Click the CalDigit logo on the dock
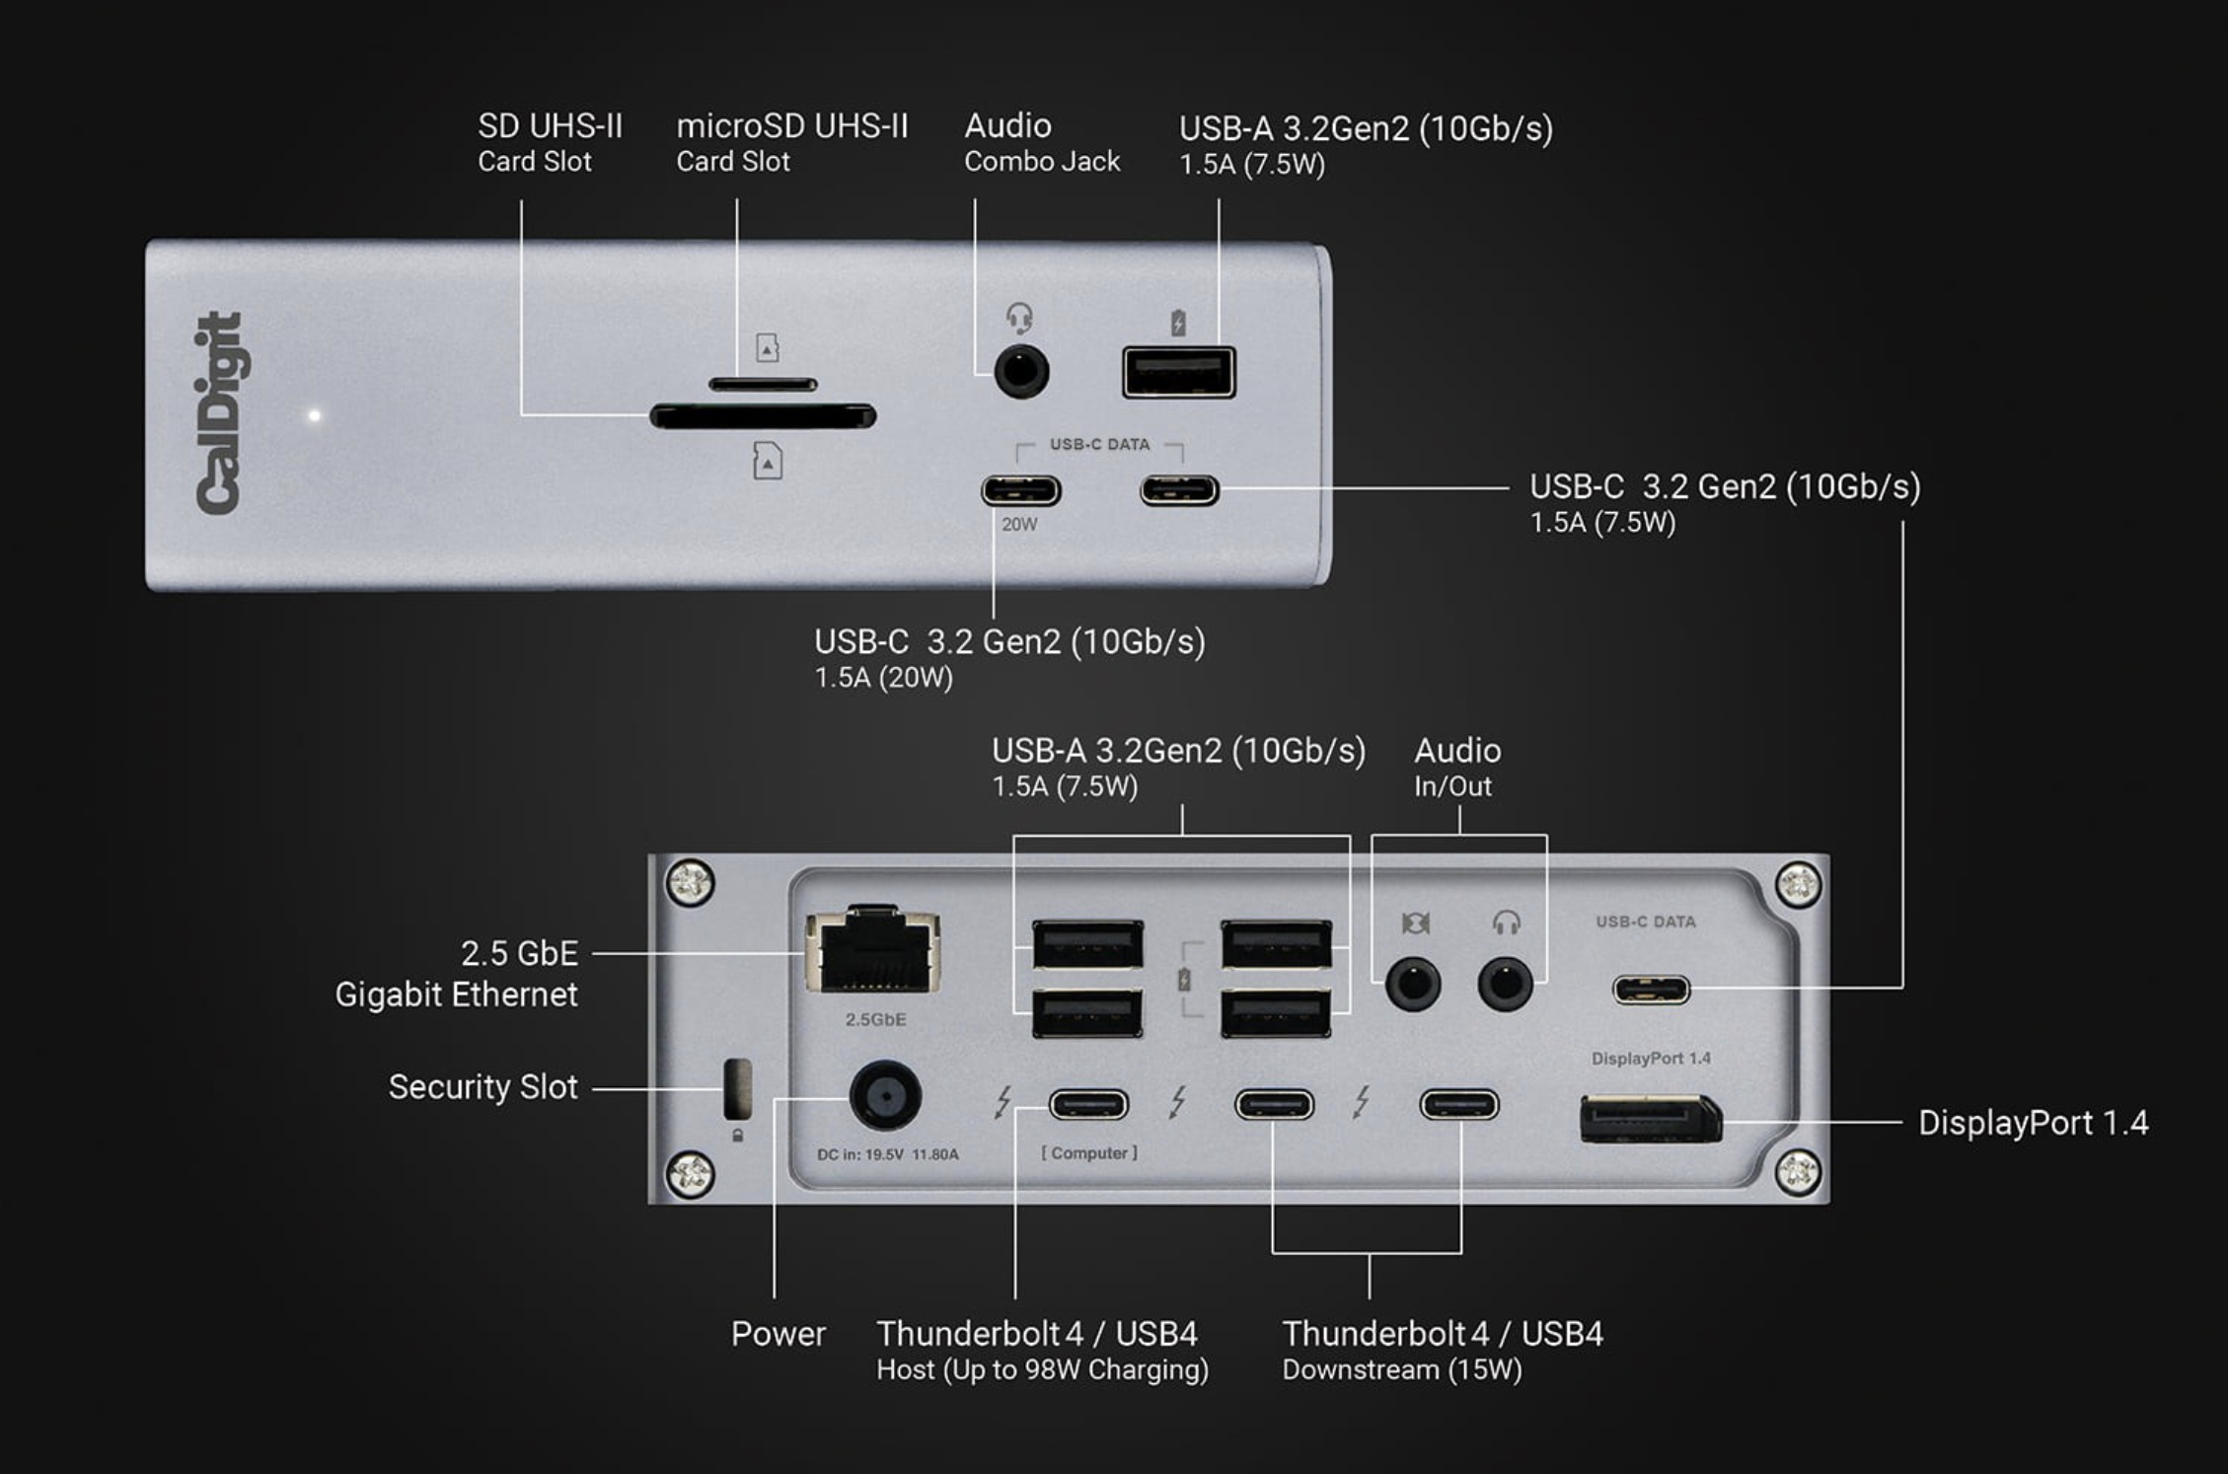pyautogui.click(x=218, y=412)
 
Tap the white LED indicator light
pyautogui.click(x=315, y=415)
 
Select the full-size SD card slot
pyautogui.click(x=763, y=416)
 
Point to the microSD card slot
pyautogui.click(x=763, y=384)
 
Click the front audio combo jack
pyautogui.click(x=1021, y=372)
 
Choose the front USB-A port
pyautogui.click(x=1178, y=373)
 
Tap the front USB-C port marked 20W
pyautogui.click(x=1020, y=490)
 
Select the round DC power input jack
pyautogui.click(x=885, y=1096)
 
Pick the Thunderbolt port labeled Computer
pyautogui.click(x=1088, y=1104)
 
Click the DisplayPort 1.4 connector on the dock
pyautogui.click(x=1650, y=1119)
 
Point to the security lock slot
pyautogui.click(x=737, y=1089)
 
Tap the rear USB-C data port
pyautogui.click(x=1651, y=989)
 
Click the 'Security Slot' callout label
pyautogui.click(x=483, y=1086)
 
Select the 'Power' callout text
pyautogui.click(x=778, y=1334)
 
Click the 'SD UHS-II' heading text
pyautogui.click(x=550, y=125)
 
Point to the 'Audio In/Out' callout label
pyautogui.click(x=1457, y=767)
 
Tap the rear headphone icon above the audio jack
pyautogui.click(x=1506, y=922)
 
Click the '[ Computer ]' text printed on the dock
pyautogui.click(x=1089, y=1152)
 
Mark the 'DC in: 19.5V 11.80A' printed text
pyautogui.click(x=887, y=1154)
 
